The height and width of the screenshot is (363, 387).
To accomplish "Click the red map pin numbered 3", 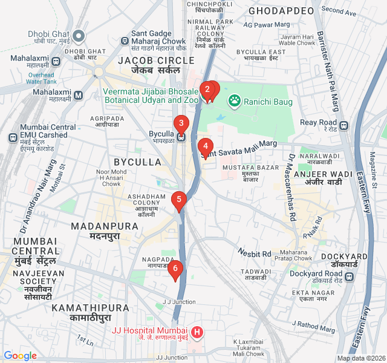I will [x=180, y=124].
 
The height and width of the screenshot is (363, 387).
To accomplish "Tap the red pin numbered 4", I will [x=206, y=146].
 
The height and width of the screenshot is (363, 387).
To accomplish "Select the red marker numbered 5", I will [x=178, y=199].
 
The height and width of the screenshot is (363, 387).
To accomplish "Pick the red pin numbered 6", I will [x=175, y=269].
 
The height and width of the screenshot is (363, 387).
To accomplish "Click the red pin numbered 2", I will [x=207, y=90].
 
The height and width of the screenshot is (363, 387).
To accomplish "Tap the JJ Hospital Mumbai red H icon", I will [x=197, y=332].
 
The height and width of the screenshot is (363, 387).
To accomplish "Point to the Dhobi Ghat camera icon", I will [x=80, y=34].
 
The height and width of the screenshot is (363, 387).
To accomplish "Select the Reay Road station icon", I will [x=343, y=125].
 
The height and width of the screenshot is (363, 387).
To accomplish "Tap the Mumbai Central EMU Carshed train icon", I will [x=12, y=137].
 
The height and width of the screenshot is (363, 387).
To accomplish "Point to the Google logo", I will [x=20, y=356].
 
